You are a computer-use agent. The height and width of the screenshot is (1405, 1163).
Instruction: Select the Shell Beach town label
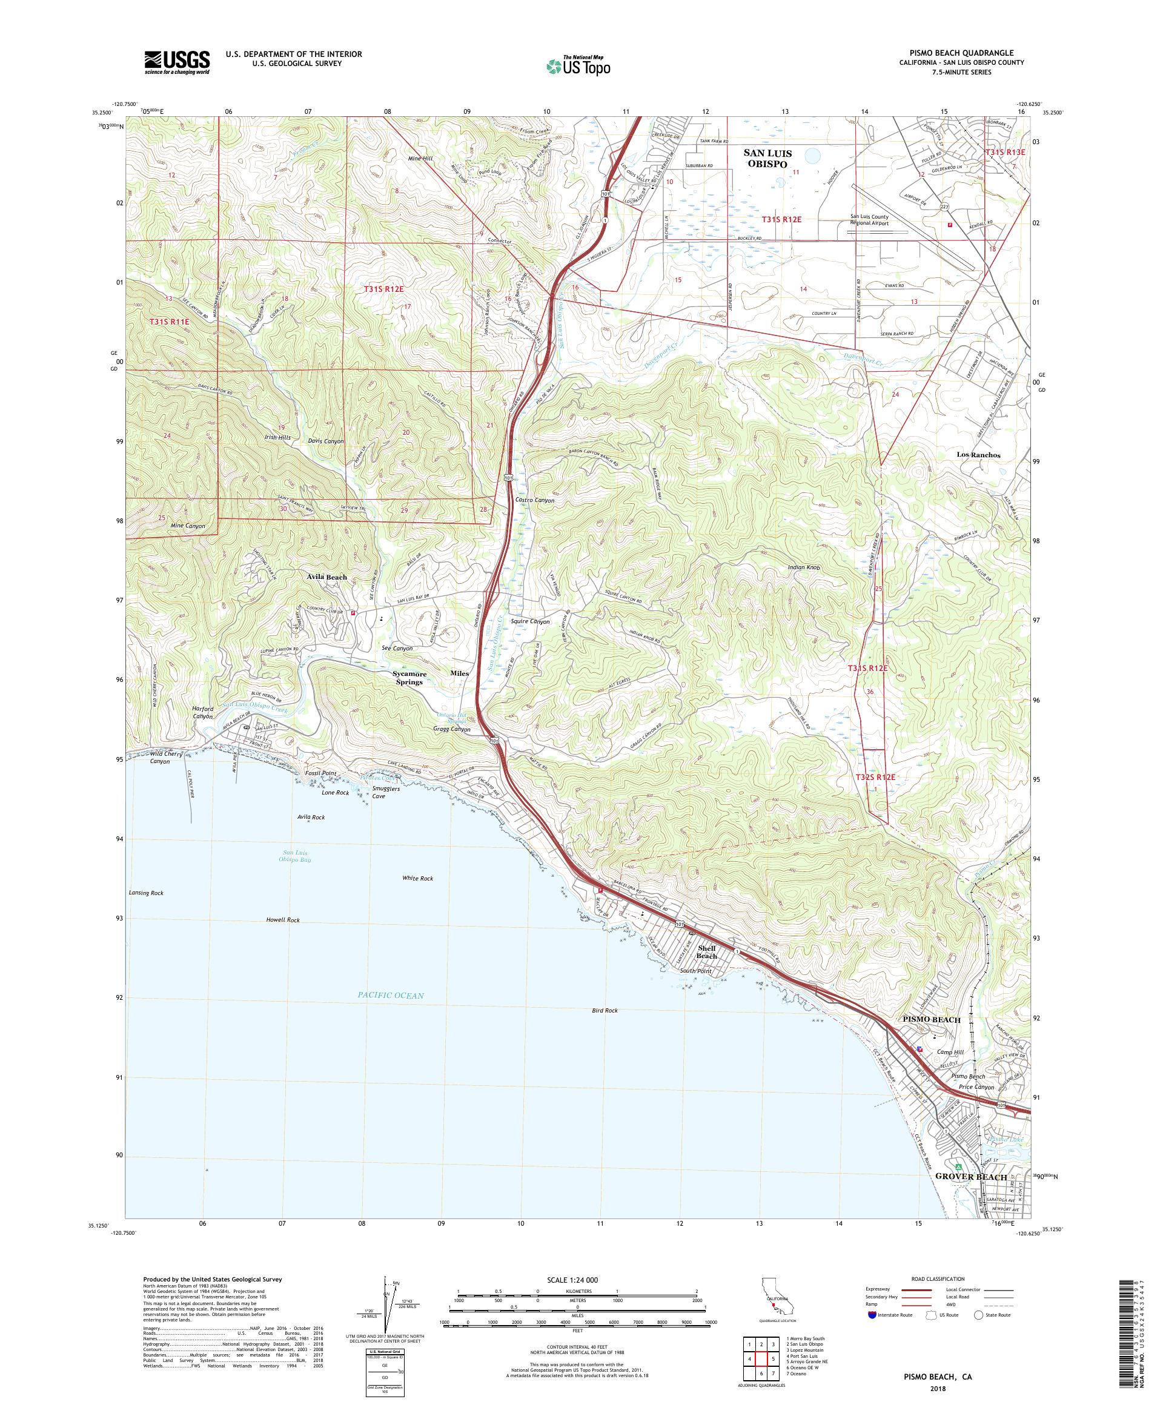[x=707, y=951]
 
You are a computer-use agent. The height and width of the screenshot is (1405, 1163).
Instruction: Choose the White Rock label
[x=417, y=878]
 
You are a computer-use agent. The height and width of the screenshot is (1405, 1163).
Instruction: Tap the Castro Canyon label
[x=535, y=500]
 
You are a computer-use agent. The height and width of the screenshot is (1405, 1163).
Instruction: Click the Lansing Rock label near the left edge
[x=146, y=893]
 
